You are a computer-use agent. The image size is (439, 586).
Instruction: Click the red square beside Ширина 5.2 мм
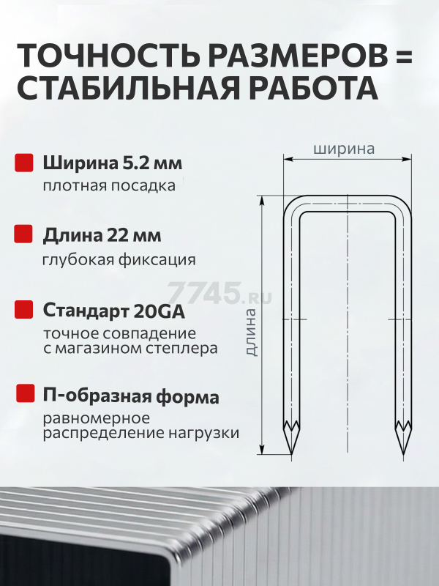tap(24, 163)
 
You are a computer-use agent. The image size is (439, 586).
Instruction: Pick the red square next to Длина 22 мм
tap(23, 234)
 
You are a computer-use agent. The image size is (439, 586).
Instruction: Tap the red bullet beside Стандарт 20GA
tap(23, 309)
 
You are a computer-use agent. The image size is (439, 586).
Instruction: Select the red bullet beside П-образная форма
tap(25, 393)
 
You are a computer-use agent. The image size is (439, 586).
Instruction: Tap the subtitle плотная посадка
tap(109, 186)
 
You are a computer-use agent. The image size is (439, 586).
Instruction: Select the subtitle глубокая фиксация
tap(119, 260)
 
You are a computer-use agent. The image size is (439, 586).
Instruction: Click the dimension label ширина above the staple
tap(344, 149)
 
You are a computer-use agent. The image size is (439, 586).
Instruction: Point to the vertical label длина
tap(252, 333)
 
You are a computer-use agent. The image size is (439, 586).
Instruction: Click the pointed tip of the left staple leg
tap(291, 454)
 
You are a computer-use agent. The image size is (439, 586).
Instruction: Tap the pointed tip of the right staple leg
tap(404, 454)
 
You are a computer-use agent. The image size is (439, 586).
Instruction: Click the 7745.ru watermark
tap(219, 292)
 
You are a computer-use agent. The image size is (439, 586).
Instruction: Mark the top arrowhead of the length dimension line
tap(263, 200)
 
